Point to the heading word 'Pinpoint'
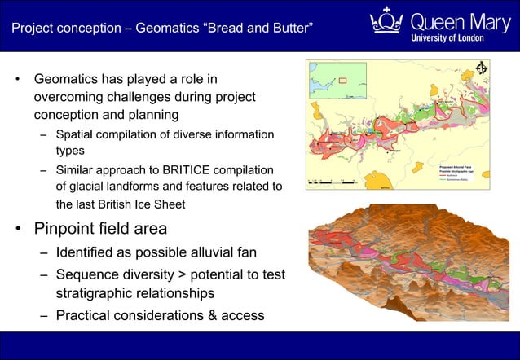68,228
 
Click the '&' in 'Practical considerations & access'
209,314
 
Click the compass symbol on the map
481,68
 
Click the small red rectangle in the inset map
343,80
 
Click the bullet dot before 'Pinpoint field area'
17,229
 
